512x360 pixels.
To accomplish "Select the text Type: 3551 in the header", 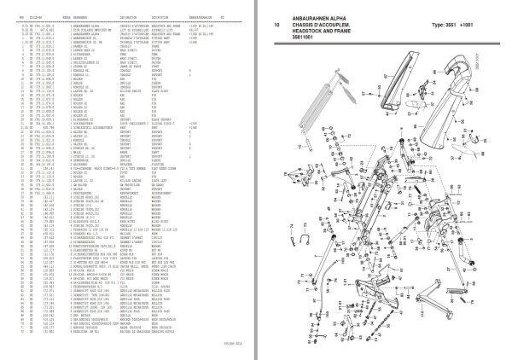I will coord(445,26).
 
